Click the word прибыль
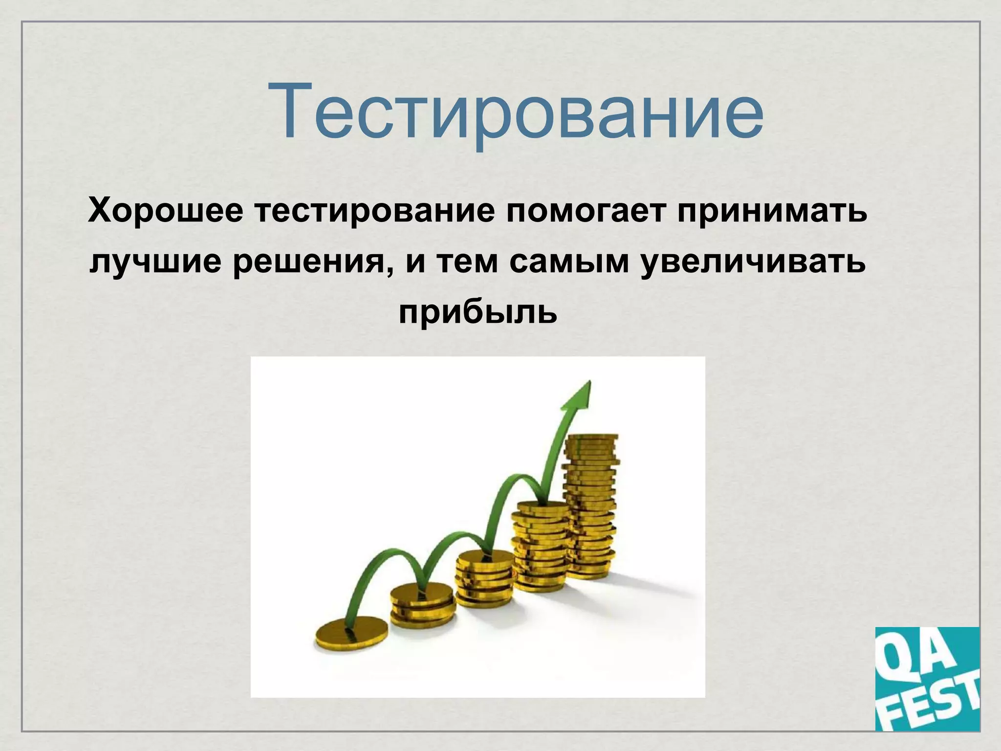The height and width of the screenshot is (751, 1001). click(478, 313)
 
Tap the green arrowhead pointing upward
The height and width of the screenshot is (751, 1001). click(580, 399)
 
